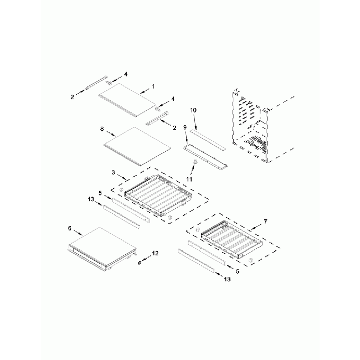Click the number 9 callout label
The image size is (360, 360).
pyautogui.click(x=186, y=142)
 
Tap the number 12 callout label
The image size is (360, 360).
pyautogui.click(x=155, y=253)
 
